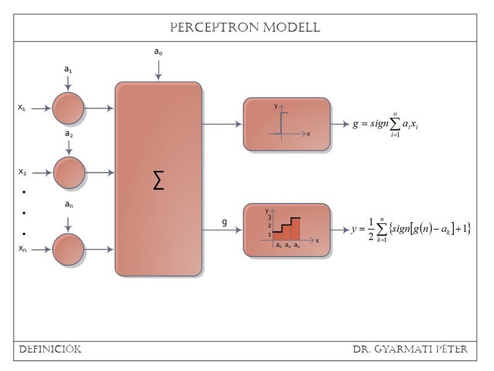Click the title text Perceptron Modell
(245, 28)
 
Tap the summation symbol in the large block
(158, 181)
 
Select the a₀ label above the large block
(158, 52)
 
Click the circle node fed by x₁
(68, 108)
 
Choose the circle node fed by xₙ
(68, 249)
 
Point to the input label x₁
(22, 107)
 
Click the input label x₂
(22, 171)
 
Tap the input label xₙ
(22, 249)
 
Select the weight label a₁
(68, 70)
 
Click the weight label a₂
(69, 134)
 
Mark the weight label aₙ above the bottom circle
(69, 203)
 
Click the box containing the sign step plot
(286, 124)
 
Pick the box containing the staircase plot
(286, 229)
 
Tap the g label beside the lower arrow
(225, 221)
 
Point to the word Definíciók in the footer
(50, 350)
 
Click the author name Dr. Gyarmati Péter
(410, 350)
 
